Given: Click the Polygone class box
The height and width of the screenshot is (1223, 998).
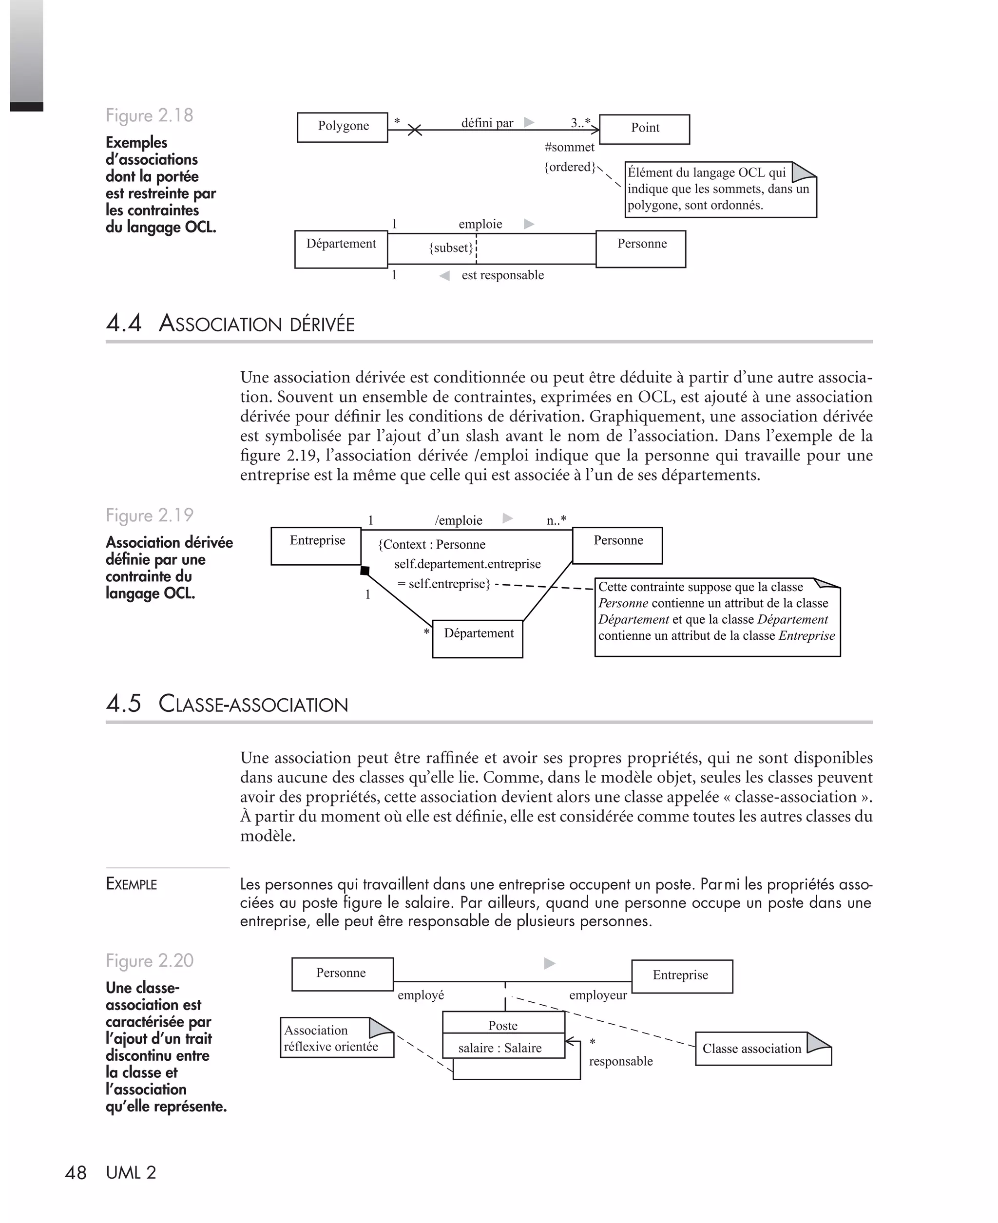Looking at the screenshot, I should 343,127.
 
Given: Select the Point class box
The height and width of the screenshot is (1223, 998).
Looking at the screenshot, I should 644,129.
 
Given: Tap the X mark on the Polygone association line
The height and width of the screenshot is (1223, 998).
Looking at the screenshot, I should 415,130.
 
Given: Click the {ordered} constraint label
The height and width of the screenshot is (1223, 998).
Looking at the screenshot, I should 570,167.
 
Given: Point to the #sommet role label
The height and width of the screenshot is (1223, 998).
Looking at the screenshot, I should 569,147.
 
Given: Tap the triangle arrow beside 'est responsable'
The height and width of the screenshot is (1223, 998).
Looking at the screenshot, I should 444,276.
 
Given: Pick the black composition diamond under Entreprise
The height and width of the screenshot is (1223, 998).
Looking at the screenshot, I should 365,571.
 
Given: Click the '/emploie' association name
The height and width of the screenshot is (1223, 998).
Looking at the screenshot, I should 458,520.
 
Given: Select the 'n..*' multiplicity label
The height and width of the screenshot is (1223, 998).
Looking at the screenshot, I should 556,520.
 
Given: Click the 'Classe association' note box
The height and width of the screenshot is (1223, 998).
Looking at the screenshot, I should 763,1048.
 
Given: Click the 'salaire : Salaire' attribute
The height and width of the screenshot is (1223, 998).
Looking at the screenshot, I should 499,1048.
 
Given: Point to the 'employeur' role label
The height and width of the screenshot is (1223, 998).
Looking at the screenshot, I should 598,995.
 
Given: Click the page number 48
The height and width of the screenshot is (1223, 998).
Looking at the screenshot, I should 76,1172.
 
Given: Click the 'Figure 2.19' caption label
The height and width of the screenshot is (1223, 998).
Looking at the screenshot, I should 150,516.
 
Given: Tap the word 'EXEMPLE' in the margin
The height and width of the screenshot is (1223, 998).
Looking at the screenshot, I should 132,884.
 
